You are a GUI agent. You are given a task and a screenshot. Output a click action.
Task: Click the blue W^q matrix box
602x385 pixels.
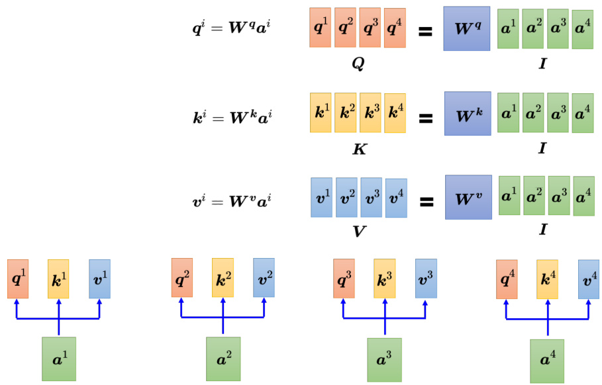pos(466,29)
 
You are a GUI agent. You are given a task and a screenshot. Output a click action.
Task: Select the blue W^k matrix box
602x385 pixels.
pos(467,113)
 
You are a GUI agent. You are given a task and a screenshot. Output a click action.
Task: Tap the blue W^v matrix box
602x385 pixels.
pos(468,197)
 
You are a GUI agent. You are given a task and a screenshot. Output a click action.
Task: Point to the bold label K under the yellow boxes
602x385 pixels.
pos(358,149)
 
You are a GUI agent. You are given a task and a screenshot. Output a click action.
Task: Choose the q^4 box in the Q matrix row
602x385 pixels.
pos(395,28)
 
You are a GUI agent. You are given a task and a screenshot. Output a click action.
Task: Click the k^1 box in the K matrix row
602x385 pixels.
pos(321,112)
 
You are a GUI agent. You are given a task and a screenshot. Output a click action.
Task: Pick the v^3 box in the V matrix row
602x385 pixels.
pos(371,197)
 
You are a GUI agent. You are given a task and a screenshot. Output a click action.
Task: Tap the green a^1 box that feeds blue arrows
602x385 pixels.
pos(59,359)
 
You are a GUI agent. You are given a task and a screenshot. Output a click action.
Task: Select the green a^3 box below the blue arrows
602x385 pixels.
pos(385,359)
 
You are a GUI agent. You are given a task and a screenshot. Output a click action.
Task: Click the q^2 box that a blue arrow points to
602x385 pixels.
pos(181,278)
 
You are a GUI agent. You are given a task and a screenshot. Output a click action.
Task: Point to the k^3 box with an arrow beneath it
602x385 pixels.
pos(384,278)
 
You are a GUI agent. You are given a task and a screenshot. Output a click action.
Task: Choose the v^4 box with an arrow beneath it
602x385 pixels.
pos(588,279)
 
